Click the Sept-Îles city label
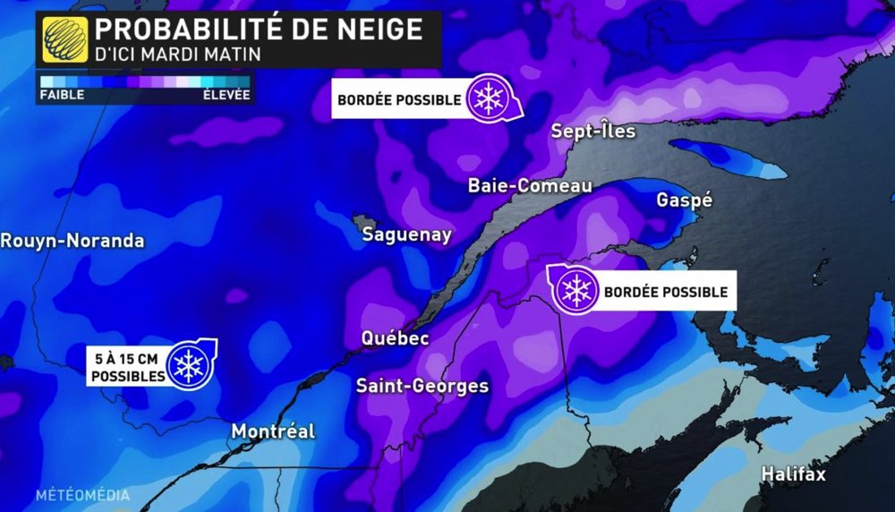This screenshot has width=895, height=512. [592, 132]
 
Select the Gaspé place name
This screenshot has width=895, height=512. [684, 200]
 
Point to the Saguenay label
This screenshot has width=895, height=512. [406, 235]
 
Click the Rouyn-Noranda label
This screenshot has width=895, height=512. [72, 241]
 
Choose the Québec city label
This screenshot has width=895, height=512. [395, 338]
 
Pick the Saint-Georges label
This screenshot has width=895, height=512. [422, 386]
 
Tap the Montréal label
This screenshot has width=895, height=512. [273, 431]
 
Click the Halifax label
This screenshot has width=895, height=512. [793, 474]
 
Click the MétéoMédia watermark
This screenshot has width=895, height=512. [83, 495]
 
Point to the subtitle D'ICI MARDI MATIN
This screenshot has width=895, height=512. [178, 55]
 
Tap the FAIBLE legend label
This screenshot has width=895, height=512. [61, 94]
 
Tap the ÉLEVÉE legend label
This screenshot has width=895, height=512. [226, 94]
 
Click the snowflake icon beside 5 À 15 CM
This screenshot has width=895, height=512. [189, 363]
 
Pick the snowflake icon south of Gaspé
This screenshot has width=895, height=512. [575, 290]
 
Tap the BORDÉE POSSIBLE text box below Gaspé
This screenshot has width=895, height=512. [665, 292]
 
